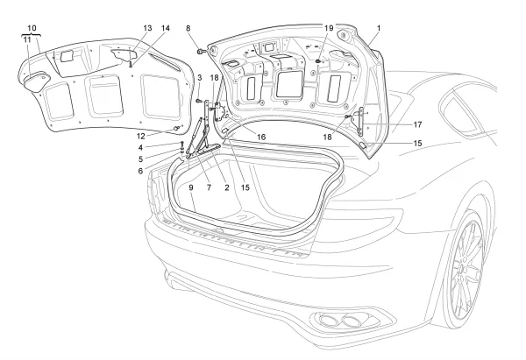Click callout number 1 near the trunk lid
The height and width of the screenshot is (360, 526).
[377, 28]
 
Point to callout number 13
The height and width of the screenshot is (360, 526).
[147, 27]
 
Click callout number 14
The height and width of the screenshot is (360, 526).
[166, 27]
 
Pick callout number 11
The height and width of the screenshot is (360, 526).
[27, 40]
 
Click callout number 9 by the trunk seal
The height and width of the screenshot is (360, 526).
[190, 187]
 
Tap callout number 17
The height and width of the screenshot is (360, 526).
[418, 124]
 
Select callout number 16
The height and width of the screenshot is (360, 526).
[261, 136]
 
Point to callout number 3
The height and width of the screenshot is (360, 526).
[199, 79]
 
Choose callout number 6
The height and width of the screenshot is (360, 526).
[164, 171]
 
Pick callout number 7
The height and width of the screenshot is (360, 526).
[209, 187]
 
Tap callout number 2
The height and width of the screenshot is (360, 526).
[226, 187]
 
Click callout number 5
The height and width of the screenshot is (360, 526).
[164, 159]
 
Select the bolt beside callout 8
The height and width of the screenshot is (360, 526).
[202, 53]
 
